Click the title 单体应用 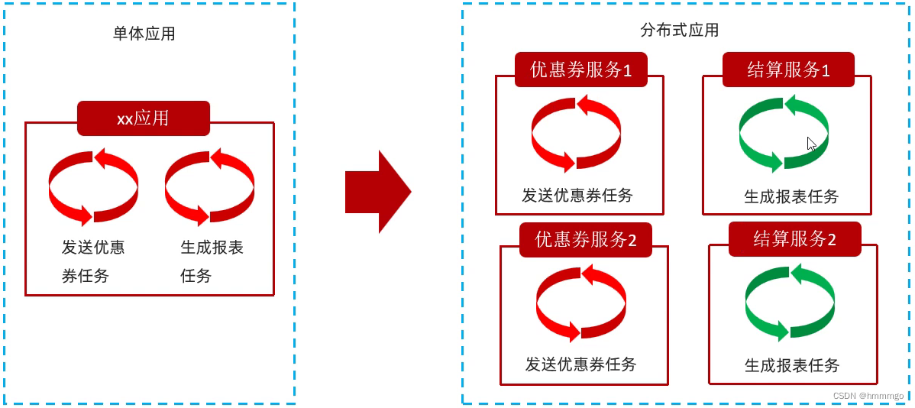[x=144, y=34]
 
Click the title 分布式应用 [x=679, y=30]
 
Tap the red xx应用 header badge [x=143, y=118]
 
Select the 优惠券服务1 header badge [x=580, y=70]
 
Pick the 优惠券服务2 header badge [x=585, y=240]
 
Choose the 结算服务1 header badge [x=788, y=70]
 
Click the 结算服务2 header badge [x=794, y=239]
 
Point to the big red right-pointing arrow [x=378, y=192]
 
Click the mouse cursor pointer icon [x=812, y=144]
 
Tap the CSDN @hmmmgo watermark [x=868, y=396]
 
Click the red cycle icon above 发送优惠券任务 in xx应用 [x=93, y=187]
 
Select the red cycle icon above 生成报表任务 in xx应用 [x=209, y=187]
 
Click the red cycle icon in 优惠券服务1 [x=576, y=134]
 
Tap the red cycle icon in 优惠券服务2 [x=580, y=303]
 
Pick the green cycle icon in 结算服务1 [x=784, y=134]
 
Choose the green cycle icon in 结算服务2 [x=790, y=303]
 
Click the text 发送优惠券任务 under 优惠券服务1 [x=577, y=195]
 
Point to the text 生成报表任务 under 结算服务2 [x=792, y=365]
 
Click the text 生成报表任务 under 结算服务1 [x=791, y=196]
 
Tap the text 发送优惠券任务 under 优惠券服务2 [x=580, y=364]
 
